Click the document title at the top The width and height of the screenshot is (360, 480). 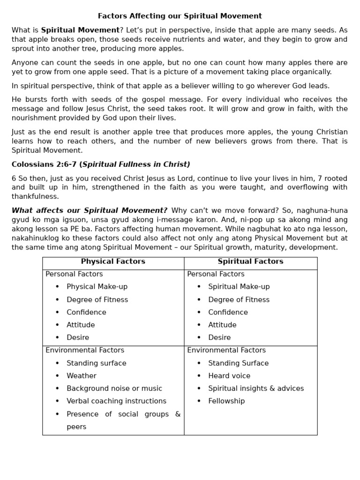coord(180,16)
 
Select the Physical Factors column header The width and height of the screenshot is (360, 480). coord(113,262)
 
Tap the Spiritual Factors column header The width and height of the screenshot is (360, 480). coord(250,262)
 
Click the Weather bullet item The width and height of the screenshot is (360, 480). coord(82,376)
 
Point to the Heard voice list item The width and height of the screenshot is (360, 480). coord(229,376)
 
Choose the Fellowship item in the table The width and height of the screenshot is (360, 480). coord(226,401)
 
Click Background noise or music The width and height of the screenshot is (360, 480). coord(114,389)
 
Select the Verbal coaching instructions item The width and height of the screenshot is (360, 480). coord(116,401)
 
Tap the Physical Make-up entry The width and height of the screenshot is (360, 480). coord(97,287)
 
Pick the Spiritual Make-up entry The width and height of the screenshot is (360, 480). coord(239,287)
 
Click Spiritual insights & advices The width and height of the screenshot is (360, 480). coord(256,389)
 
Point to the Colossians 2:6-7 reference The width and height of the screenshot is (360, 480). coord(45,165)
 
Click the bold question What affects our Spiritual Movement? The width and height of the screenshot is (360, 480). coord(90,210)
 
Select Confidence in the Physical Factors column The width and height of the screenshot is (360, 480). coord(86,312)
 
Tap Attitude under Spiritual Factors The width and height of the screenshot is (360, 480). coord(222,325)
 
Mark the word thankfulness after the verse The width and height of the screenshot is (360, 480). coord(35,196)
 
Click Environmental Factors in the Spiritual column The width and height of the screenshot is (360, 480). coord(226,350)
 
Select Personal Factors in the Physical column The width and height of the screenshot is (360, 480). coord(74,274)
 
